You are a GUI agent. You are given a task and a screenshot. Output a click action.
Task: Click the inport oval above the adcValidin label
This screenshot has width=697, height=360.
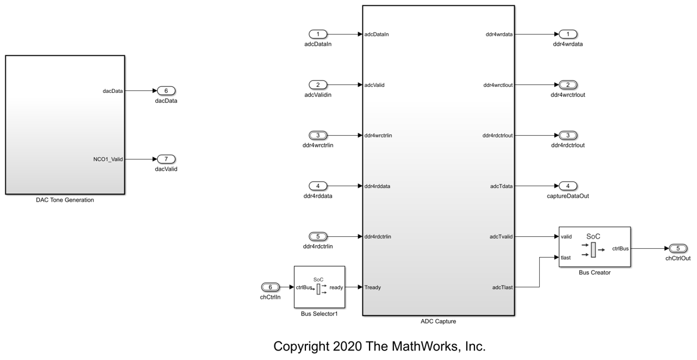tap(318, 84)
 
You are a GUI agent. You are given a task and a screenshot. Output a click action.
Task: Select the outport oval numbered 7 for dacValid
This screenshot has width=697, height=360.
tap(166, 159)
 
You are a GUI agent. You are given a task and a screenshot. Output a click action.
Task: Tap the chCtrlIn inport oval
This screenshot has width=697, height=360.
tap(270, 287)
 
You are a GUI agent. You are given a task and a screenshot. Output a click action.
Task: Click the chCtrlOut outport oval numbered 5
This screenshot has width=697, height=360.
tap(678, 248)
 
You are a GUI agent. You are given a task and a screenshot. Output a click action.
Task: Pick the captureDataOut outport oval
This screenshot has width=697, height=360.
tap(568, 186)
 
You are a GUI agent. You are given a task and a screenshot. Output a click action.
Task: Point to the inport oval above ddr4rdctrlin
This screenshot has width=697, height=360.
tap(318, 236)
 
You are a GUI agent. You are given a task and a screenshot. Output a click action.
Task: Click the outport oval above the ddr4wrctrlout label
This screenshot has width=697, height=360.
tap(568, 84)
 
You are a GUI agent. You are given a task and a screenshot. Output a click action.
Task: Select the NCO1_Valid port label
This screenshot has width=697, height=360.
tap(108, 159)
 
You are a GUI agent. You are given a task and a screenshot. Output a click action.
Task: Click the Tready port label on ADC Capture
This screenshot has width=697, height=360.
tap(373, 287)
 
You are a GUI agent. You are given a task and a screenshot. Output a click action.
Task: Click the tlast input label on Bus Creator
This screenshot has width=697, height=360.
tap(565, 258)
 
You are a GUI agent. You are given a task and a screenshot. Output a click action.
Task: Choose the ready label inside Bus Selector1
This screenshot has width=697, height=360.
tap(336, 287)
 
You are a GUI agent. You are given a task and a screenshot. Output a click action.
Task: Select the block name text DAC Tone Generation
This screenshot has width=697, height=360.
tap(65, 200)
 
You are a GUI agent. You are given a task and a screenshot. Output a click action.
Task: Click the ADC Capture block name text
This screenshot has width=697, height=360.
tap(437, 321)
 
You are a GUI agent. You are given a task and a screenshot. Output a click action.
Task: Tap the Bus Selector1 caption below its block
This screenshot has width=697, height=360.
tap(319, 314)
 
